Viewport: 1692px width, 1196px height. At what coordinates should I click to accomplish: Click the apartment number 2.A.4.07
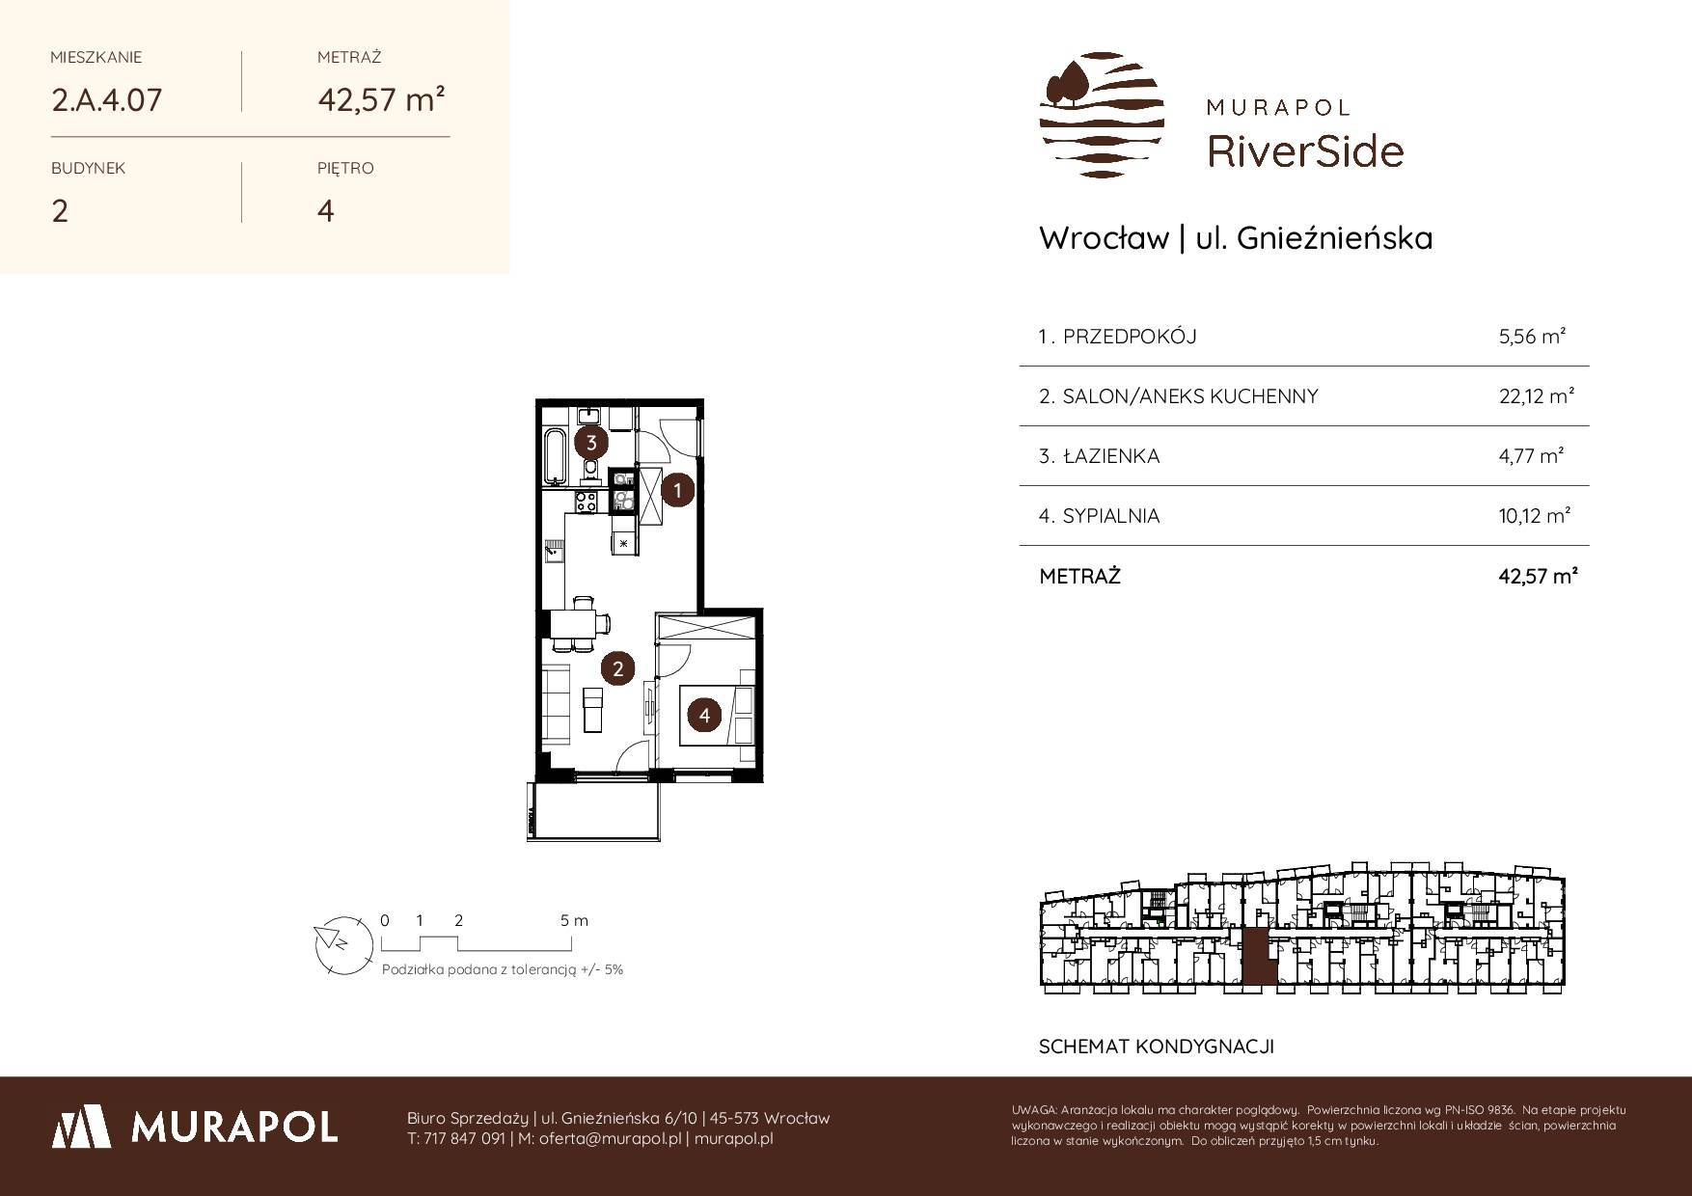(x=106, y=100)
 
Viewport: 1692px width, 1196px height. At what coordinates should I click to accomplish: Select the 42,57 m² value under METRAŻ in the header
(x=381, y=99)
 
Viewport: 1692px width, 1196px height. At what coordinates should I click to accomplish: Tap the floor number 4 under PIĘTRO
(x=326, y=211)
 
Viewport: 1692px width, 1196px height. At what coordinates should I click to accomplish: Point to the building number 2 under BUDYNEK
(x=60, y=211)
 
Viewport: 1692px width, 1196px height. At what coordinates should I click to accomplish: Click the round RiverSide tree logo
(x=1102, y=115)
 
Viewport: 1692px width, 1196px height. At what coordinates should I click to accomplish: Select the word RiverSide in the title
(x=1305, y=151)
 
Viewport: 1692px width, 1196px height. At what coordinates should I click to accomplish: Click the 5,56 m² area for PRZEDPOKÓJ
(x=1532, y=337)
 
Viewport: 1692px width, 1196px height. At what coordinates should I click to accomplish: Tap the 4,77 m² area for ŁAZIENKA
(x=1531, y=456)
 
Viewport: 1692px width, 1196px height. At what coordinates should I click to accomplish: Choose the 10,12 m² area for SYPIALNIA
(x=1535, y=516)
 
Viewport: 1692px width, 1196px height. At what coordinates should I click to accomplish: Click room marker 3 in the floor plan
(x=591, y=444)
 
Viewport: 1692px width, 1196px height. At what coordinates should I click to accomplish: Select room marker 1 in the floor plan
(x=678, y=490)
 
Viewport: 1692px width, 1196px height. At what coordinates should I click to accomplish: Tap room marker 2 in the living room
(x=617, y=667)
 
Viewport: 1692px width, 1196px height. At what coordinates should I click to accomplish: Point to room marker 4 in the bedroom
(x=705, y=716)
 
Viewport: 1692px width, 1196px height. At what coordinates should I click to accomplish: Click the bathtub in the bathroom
(x=555, y=456)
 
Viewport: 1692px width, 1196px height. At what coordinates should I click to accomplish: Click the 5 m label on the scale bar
(x=574, y=920)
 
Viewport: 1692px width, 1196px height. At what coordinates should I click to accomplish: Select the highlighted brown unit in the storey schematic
(x=1256, y=957)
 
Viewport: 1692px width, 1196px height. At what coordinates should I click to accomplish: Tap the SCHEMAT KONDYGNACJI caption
(x=1157, y=1046)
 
